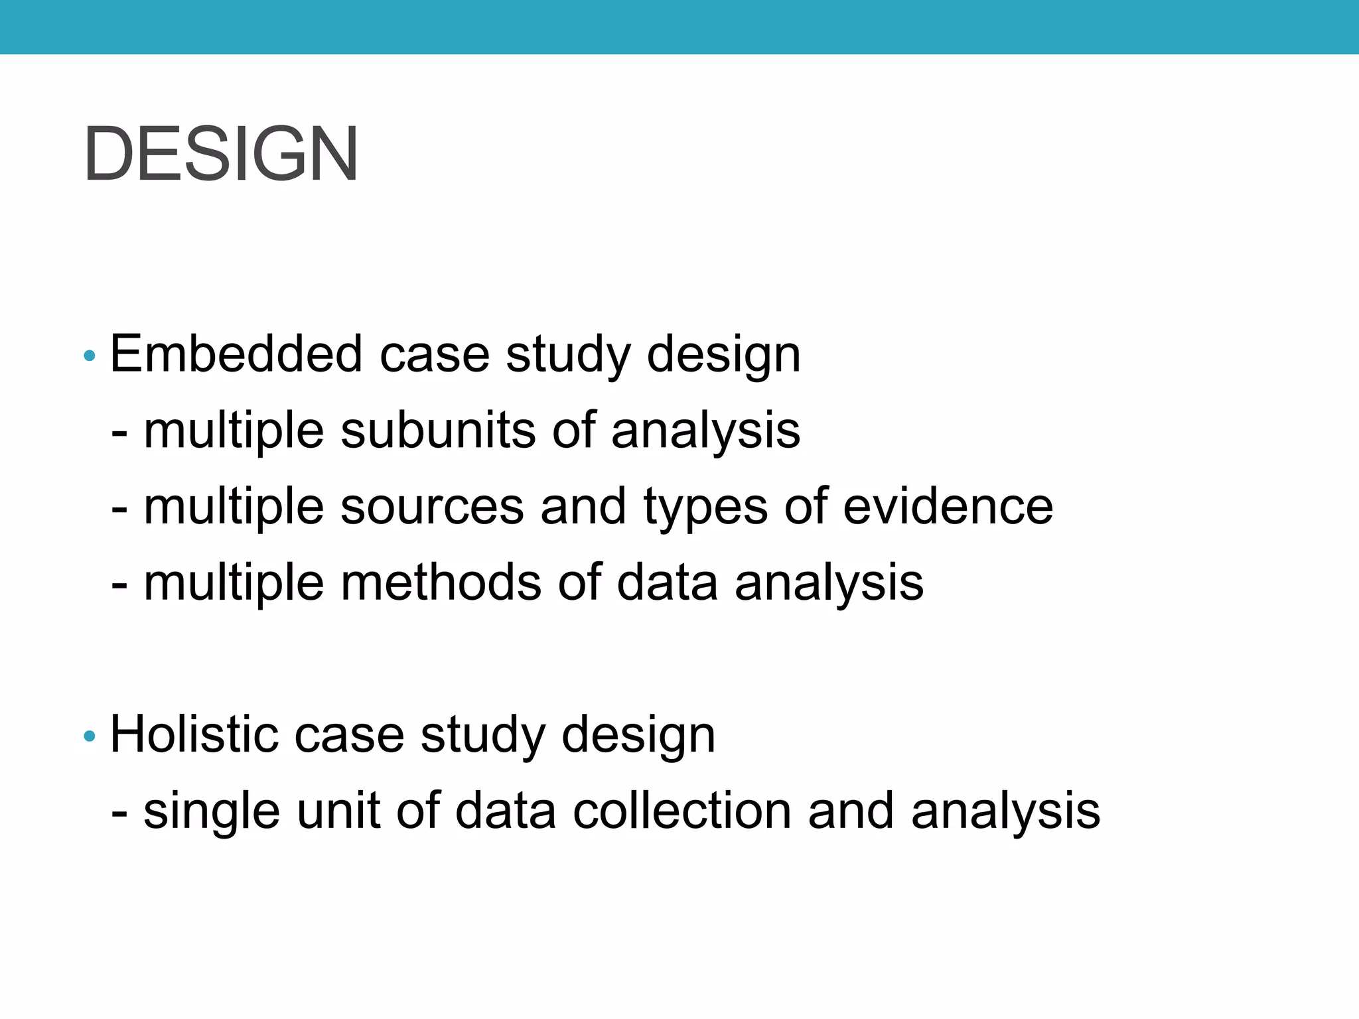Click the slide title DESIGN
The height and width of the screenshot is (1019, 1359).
click(x=221, y=154)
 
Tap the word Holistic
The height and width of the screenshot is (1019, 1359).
click(x=192, y=734)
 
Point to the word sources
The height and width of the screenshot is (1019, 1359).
click(x=432, y=507)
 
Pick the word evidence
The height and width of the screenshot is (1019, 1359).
click(x=948, y=507)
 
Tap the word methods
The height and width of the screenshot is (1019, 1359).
click(x=441, y=582)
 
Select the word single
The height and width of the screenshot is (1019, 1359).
click(x=212, y=812)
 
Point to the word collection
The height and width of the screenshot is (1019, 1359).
click(x=681, y=811)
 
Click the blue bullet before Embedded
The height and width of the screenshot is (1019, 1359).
click(x=90, y=356)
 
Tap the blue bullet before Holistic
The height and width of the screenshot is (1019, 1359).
click(x=90, y=736)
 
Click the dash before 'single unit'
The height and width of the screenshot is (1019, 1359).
click(x=119, y=812)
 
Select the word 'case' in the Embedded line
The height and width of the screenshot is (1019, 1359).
click(x=434, y=355)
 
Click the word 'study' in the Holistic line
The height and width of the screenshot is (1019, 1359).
click(x=482, y=736)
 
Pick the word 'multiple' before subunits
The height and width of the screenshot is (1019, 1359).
click(x=234, y=431)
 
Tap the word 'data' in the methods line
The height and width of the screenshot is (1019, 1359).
click(x=667, y=582)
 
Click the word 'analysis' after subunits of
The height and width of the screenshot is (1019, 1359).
click(x=705, y=431)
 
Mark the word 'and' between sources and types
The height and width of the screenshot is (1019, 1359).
click(x=583, y=507)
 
